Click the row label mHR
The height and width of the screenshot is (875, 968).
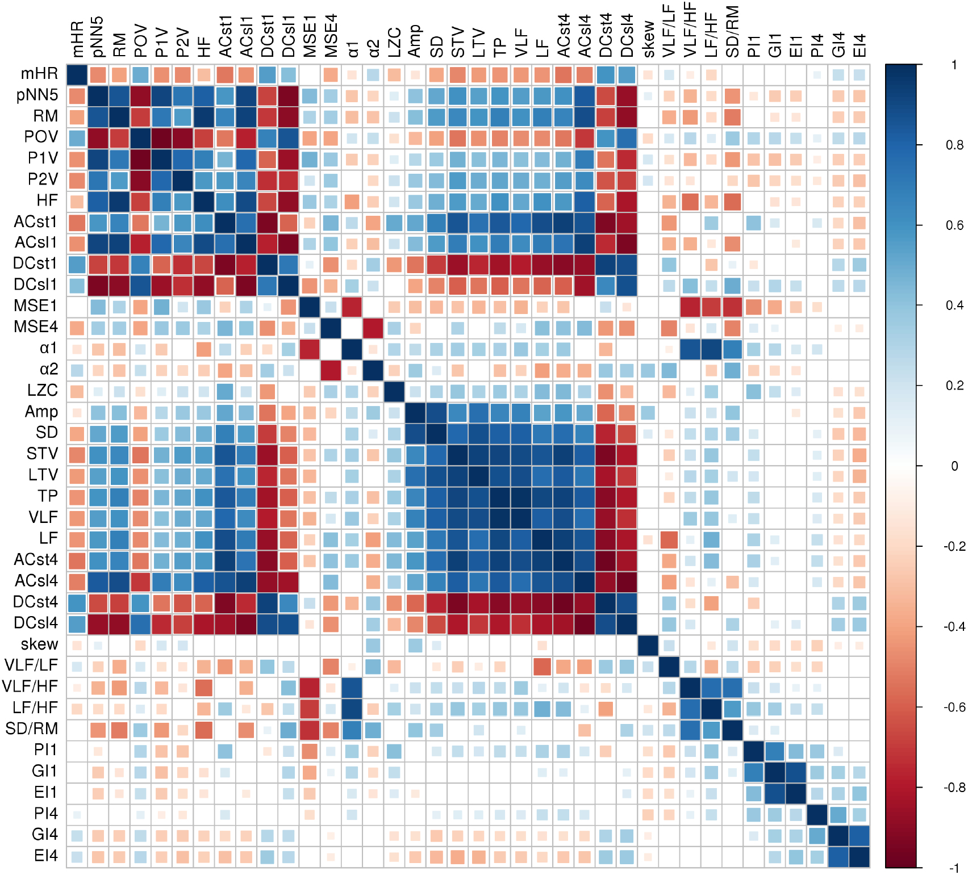(x=39, y=74)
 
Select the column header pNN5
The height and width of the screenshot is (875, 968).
(x=98, y=37)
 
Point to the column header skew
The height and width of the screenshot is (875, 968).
(x=648, y=40)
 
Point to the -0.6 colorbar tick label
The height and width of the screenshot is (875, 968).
(x=954, y=707)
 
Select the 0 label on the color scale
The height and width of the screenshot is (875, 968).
(x=954, y=466)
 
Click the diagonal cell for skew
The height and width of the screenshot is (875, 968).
(x=648, y=645)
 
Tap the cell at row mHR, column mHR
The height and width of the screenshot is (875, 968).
(x=77, y=74)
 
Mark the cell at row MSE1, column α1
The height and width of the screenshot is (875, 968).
(x=352, y=307)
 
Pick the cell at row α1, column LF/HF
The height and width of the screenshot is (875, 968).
(x=712, y=349)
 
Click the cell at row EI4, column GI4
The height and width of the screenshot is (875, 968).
(x=838, y=857)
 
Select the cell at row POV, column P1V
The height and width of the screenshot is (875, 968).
(x=161, y=137)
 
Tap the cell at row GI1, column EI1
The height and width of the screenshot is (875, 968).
(x=796, y=772)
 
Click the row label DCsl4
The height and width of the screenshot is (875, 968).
(x=36, y=623)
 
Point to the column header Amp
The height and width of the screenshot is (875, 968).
(x=415, y=41)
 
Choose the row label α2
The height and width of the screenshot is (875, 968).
(x=49, y=370)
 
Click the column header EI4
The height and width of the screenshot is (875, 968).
(x=859, y=45)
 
